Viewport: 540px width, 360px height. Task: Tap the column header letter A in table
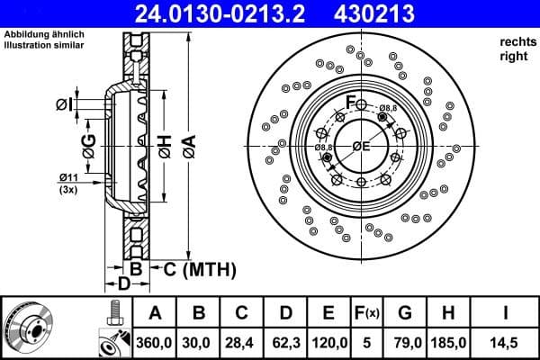[x=155, y=312]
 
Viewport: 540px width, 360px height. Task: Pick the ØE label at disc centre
[x=361, y=146]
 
